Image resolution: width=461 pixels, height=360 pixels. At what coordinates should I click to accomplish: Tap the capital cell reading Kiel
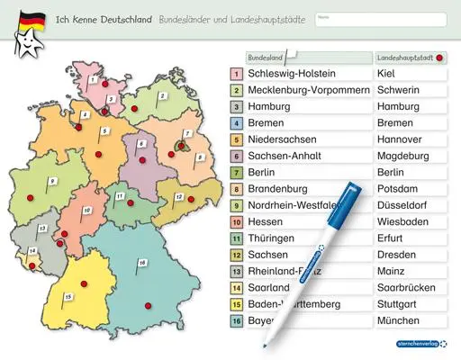point(410,74)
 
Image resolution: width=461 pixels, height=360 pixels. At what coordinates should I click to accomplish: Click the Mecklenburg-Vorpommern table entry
point(297,90)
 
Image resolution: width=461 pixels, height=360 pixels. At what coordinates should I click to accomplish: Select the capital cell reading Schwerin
point(410,90)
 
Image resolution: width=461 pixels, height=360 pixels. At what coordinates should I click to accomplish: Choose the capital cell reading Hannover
point(410,139)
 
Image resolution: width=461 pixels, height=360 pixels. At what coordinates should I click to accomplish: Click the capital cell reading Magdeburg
point(410,156)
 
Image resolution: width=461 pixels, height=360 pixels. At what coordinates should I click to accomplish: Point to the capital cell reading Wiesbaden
point(410,221)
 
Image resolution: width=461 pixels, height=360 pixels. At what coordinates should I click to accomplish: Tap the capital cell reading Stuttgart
point(410,303)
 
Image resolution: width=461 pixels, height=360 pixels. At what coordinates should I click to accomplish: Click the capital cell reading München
point(410,319)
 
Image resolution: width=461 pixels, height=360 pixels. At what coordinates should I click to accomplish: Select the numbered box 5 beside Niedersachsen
point(235,139)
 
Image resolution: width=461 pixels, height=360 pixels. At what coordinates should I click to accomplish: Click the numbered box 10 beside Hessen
point(235,221)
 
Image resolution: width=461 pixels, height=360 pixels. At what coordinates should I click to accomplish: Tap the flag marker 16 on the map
point(142,262)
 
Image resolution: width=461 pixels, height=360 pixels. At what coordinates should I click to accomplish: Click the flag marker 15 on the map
point(68,295)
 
